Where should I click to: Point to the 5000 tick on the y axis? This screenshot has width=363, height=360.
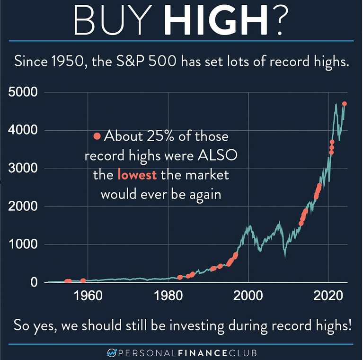coord(23,92)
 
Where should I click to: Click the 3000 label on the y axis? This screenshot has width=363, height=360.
coord(23,169)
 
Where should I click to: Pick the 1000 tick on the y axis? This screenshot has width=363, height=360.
coord(23,245)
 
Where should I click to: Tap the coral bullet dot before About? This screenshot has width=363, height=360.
coord(97,137)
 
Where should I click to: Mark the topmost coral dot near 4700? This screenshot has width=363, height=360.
coord(345,104)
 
